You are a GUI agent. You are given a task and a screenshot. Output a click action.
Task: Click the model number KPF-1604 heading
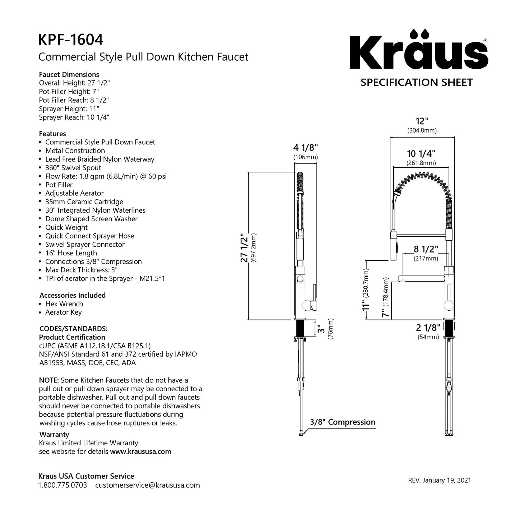coord(71,40)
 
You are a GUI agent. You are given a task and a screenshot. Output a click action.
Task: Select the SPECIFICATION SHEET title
coord(417,83)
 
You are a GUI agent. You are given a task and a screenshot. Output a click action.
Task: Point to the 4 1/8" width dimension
coord(306,148)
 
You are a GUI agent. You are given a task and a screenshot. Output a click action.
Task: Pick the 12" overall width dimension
coord(422,121)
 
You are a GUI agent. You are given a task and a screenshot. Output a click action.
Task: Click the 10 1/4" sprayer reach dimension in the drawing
coord(421,154)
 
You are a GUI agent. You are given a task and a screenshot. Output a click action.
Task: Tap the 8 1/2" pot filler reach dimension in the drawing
coord(426,249)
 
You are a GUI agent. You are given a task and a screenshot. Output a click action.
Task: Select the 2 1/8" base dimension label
coord(428,328)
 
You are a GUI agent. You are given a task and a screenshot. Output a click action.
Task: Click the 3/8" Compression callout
coord(343,422)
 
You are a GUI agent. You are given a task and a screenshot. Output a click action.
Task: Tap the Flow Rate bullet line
coord(106,176)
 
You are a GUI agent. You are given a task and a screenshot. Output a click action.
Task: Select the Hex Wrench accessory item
coord(64,304)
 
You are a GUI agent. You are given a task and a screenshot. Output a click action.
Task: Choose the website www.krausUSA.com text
coord(140,451)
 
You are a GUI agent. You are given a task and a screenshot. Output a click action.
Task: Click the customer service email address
coord(147,485)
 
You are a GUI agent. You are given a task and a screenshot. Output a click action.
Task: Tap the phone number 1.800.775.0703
coord(62,485)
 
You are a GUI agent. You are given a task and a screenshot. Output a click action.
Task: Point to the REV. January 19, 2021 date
coord(440,480)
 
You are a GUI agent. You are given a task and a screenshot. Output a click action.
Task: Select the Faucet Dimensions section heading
coord(69,75)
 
